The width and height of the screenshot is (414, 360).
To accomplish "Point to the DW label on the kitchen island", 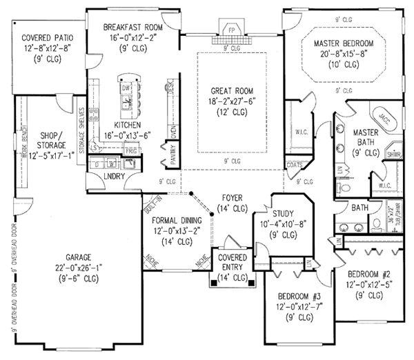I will point(125,89).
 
